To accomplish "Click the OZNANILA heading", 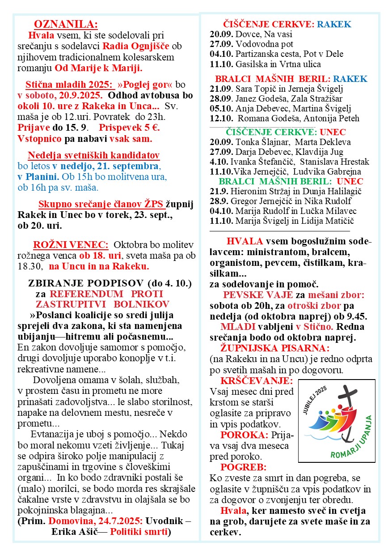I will click(x=66, y=24).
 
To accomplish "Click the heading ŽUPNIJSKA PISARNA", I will click(x=274, y=348).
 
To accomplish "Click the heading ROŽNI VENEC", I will click(x=71, y=245).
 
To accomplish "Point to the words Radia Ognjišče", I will click(x=135, y=46).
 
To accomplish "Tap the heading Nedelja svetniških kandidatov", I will click(x=94, y=156).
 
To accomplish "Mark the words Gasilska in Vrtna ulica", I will click(x=281, y=64).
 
